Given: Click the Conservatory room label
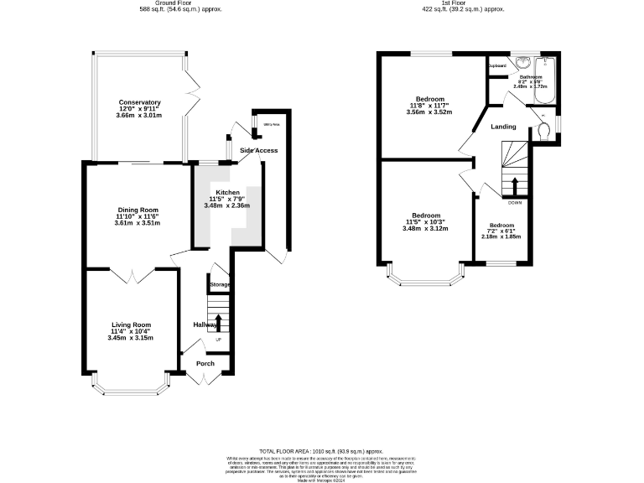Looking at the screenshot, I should click(x=139, y=102).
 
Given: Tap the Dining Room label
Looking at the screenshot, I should click(x=138, y=210).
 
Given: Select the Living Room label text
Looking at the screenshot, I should click(x=131, y=325).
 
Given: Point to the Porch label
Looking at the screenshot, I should click(x=205, y=363).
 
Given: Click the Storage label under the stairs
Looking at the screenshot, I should click(x=220, y=285).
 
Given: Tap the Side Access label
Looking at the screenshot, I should click(x=258, y=150).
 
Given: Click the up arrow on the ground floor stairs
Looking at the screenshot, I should click(x=219, y=322).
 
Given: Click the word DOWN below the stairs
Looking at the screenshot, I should click(x=515, y=202).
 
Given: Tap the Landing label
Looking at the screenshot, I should click(x=503, y=127).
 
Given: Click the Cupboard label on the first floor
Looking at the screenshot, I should click(x=496, y=65).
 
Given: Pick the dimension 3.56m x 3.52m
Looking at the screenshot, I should click(x=428, y=112).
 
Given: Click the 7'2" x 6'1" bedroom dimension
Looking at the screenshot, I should click(x=502, y=231).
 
